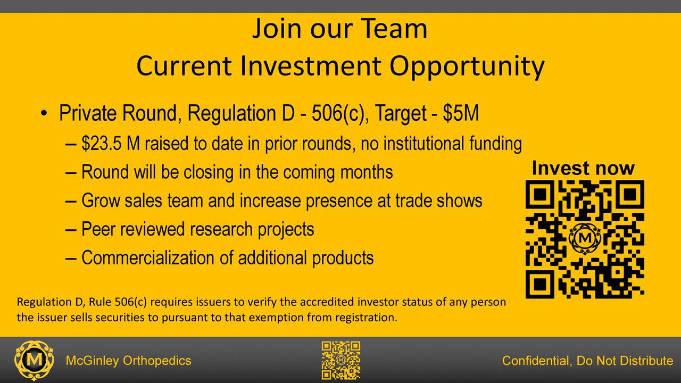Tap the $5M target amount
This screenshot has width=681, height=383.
point(461,113)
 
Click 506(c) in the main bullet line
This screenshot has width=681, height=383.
point(338,113)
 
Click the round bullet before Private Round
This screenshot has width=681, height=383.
point(44,113)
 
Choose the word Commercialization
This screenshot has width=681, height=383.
point(148,258)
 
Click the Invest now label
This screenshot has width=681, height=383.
point(583,168)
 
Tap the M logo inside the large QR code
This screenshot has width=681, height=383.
point(585,239)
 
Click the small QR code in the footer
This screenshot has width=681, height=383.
point(341,360)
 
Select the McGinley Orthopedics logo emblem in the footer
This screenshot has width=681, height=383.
point(34,361)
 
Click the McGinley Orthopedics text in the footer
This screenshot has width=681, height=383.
point(128,361)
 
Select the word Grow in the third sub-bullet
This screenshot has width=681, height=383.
point(101,201)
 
